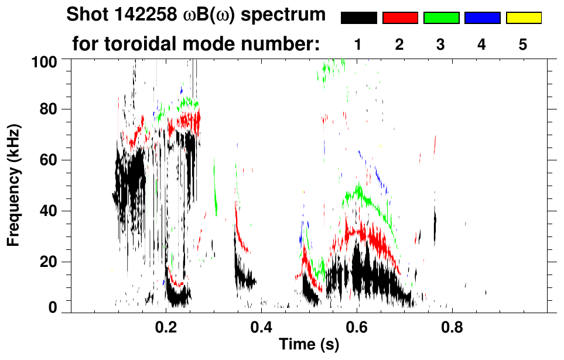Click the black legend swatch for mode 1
tap(359, 18)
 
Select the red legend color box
tap(400, 18)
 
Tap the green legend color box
tap(441, 18)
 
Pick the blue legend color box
tap(482, 18)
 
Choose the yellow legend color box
tap(523, 18)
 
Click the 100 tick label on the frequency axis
tap(45, 60)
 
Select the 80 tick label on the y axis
tap(49, 109)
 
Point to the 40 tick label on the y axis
tap(49, 211)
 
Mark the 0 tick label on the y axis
tap(53, 308)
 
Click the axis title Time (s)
tap(309, 345)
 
